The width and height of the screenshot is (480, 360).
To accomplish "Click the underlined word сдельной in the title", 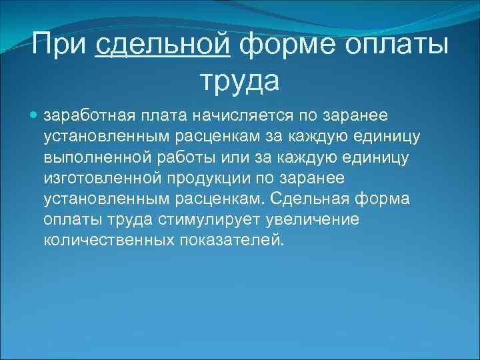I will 163,46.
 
